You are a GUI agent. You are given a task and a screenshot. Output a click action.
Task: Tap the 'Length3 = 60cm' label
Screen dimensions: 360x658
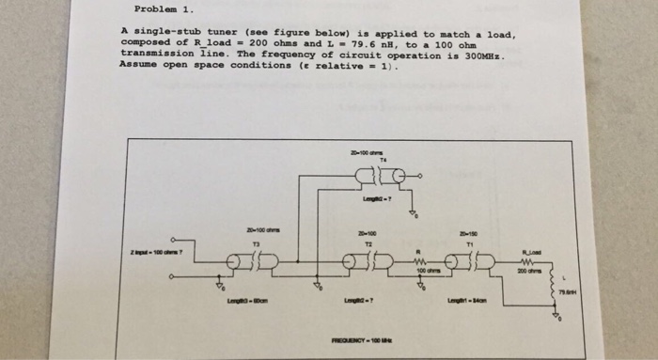[x=245, y=300]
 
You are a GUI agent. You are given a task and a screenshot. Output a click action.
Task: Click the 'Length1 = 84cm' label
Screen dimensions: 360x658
[x=467, y=299]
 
